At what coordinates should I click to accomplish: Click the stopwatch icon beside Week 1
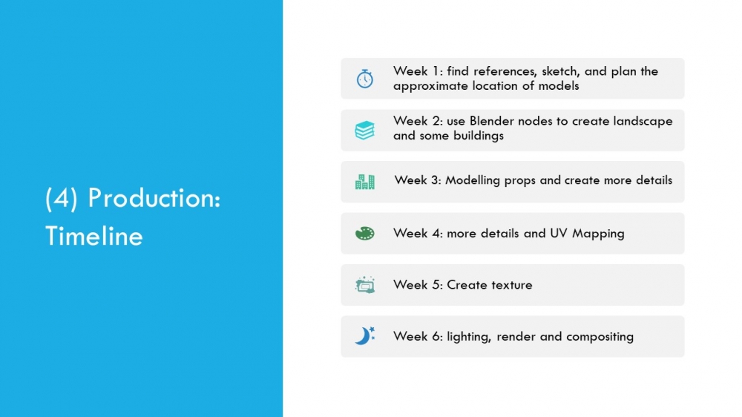tap(365, 79)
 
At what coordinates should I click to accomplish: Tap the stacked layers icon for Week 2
tap(365, 130)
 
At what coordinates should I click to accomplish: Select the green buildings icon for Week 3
tap(365, 182)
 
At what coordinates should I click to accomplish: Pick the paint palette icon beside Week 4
tap(365, 233)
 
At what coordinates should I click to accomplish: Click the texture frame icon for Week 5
tap(365, 285)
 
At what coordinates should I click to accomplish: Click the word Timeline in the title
tap(93, 236)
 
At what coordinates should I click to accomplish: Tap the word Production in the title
tap(154, 198)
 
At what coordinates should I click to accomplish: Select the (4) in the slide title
tap(62, 198)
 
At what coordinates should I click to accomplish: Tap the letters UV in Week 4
tap(559, 233)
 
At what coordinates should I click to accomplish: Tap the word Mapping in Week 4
tap(598, 234)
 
